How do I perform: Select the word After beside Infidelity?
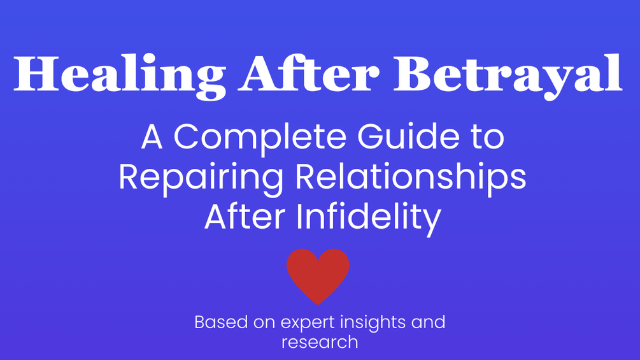(x=246, y=217)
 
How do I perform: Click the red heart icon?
(x=318, y=275)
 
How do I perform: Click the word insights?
(x=371, y=322)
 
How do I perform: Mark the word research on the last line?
(x=320, y=342)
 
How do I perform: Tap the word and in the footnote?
(x=428, y=322)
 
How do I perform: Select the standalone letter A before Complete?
(x=152, y=137)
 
